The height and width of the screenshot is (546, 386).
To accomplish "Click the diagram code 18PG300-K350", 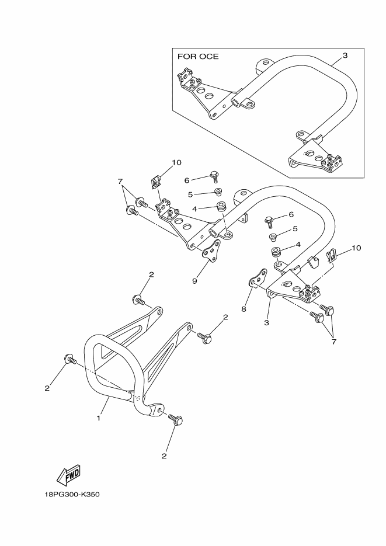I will point(73,494).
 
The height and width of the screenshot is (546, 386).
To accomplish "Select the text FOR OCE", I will point(197,57).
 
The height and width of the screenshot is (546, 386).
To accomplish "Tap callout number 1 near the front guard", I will point(99,418).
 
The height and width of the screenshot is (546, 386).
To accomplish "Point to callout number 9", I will point(194,280).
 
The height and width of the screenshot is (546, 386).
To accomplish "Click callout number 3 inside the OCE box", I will point(345,55).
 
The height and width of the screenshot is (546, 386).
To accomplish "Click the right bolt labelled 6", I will point(270,221).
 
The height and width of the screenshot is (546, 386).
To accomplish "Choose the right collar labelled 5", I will point(273,237).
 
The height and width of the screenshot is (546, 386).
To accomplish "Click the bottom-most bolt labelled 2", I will point(176,419).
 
